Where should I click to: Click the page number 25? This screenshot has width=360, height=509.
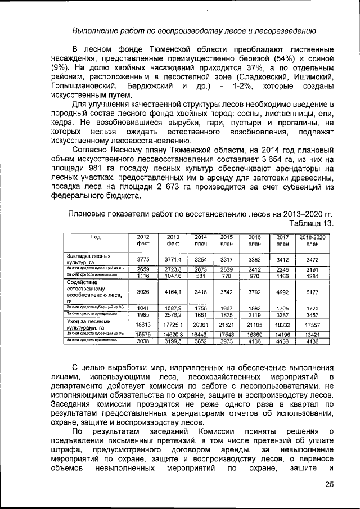pyautogui.click(x=329, y=485)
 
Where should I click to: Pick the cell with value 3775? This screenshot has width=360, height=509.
pyautogui.click(x=143, y=259)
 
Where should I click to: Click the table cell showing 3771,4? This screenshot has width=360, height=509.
pyautogui.click(x=173, y=259)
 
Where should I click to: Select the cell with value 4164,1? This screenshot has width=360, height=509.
pyautogui.click(x=173, y=292)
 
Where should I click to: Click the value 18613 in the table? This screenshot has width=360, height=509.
pyautogui.click(x=143, y=325)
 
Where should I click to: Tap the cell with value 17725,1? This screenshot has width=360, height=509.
pyautogui.click(x=173, y=325)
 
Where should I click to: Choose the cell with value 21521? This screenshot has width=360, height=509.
pyautogui.click(x=226, y=325)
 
